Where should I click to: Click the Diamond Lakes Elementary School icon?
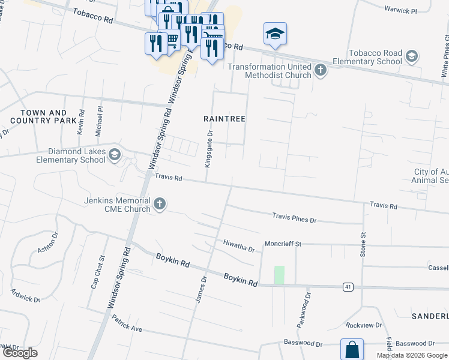pos(114,156)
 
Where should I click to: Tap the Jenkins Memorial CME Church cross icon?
pos(160,205)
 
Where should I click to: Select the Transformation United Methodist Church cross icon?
pos(321,71)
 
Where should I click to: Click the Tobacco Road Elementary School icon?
pos(411,57)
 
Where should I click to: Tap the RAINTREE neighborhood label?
pos(225,119)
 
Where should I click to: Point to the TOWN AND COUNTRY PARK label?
pos(43,116)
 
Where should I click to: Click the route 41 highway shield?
pos(348,287)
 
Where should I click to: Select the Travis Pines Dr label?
pos(294,217)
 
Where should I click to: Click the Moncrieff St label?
pos(283,244)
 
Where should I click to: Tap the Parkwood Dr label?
pos(303,310)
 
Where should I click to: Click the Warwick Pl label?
pos(402,10)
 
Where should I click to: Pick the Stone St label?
pos(363,244)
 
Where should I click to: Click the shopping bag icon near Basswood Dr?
pos(352,349)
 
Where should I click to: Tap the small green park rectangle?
pos(279,275)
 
